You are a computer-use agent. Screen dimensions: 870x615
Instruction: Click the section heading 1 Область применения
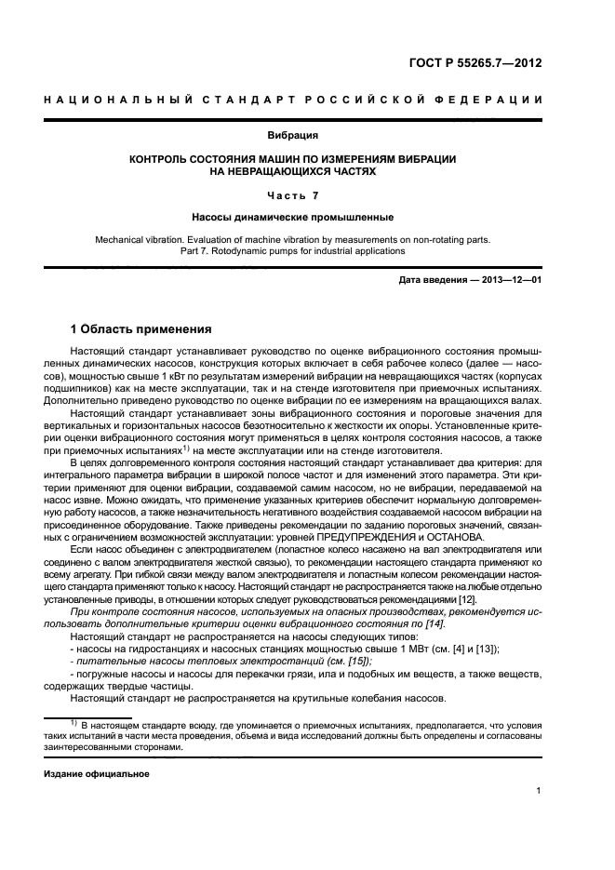[x=141, y=329]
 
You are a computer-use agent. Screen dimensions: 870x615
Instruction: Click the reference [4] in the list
[x=435, y=648]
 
